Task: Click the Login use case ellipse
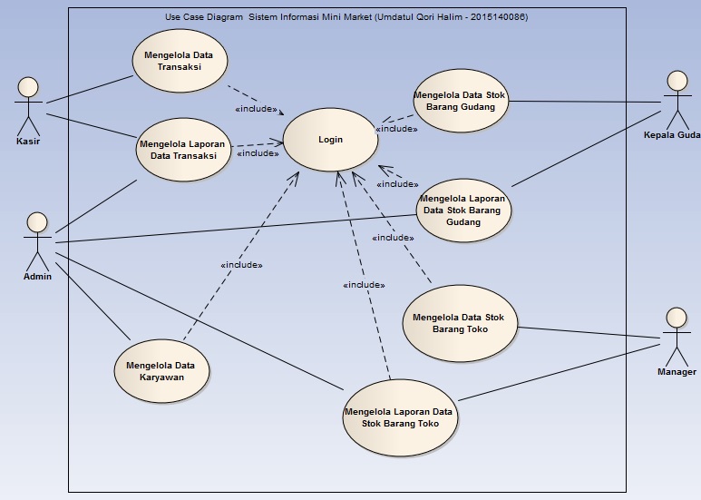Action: pos(330,140)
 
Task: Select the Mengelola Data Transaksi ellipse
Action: pos(179,60)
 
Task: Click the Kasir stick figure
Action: pos(28,104)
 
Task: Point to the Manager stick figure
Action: pos(675,336)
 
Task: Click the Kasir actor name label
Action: pos(28,142)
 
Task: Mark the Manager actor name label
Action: pos(677,372)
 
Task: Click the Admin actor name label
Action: pos(37,277)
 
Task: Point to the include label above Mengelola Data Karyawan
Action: pos(240,265)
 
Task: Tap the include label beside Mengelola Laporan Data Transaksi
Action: pos(258,153)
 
